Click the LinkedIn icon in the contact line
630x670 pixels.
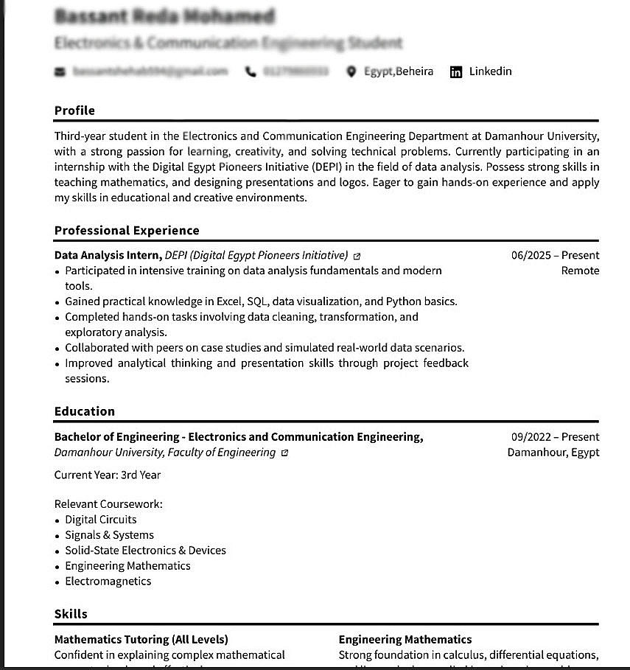coord(456,71)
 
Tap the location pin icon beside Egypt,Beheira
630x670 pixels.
coord(351,71)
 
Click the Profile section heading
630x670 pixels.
coord(74,111)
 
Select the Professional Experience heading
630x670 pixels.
coord(127,231)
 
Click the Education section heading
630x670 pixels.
coord(85,411)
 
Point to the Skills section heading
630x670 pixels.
coord(71,614)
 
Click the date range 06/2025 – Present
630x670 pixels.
coord(555,256)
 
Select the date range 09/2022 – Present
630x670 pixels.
coord(555,437)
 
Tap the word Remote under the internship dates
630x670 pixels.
coord(580,271)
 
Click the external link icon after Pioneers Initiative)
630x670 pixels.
coord(357,257)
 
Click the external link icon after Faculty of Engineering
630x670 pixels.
coord(285,453)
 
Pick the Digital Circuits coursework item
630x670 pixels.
coord(101,520)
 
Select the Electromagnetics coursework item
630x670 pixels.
coord(108,582)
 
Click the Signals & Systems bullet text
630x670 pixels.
coord(109,535)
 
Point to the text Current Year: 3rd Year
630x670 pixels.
coord(108,475)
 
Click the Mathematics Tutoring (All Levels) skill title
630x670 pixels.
coord(141,640)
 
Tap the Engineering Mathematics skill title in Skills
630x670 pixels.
coord(405,640)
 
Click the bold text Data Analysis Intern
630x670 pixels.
coord(108,256)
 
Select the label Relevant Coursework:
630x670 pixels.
coord(108,504)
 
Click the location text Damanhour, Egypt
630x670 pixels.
coord(553,453)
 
